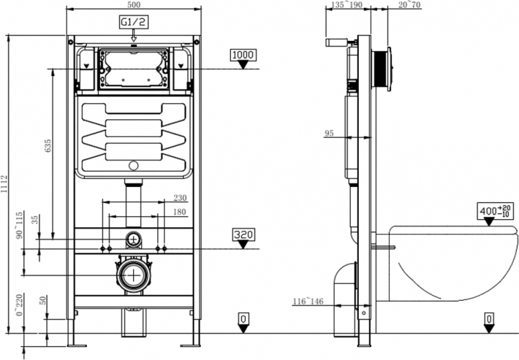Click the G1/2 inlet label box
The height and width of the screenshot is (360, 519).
pos(134,22)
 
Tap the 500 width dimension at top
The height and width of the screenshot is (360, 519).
pos(134,5)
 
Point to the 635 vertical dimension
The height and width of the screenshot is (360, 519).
pos(47,145)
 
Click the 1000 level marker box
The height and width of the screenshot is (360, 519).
pos(243,55)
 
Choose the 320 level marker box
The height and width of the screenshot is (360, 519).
pos(243,234)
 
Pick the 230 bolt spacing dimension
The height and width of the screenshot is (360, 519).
pos(180,198)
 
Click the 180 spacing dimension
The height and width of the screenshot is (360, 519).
pos(180,211)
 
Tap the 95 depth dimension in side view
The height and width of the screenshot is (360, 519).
pos(329,133)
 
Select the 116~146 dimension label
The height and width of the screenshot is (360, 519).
pos(308,302)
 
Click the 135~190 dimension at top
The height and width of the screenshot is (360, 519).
pos(346,5)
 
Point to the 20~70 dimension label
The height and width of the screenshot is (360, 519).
pos(409,5)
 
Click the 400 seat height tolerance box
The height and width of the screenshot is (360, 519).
pos(496,211)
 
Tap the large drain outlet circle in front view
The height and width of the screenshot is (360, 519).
pos(134,275)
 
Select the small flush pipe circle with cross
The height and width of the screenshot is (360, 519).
pos(134,239)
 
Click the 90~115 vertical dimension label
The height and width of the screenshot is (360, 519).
pos(20,225)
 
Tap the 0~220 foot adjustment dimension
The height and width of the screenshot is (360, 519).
pos(20,305)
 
